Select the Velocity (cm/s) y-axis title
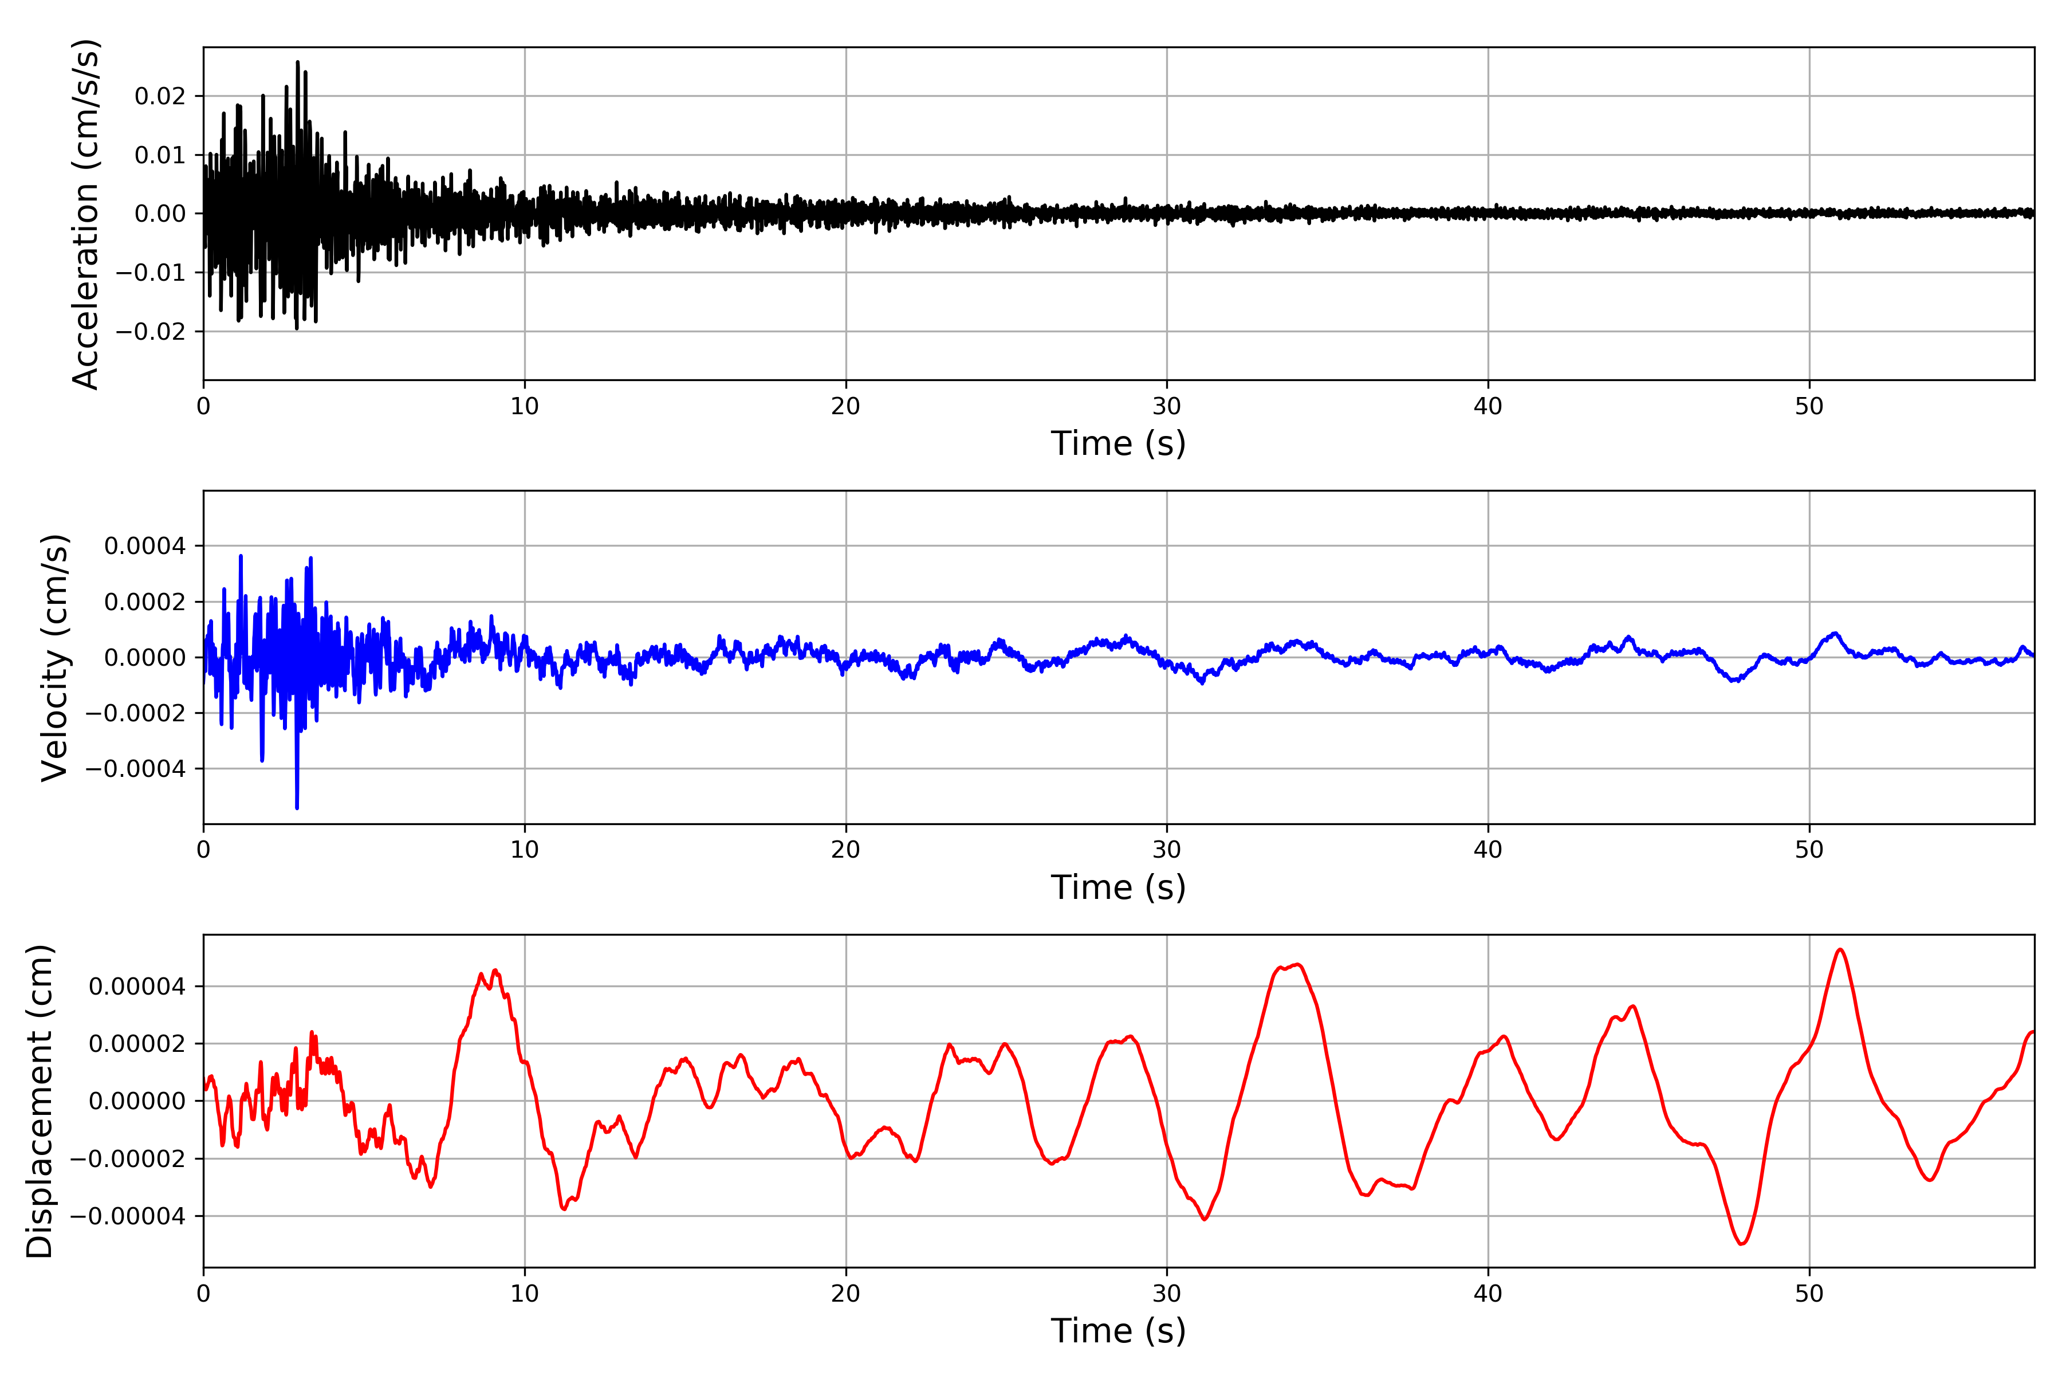click(54, 658)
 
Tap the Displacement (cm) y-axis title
click(40, 1101)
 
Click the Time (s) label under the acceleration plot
click(1118, 443)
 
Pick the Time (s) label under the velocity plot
click(1118, 887)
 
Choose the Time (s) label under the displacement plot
click(1118, 1331)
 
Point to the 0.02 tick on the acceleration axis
click(160, 96)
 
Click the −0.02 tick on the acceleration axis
click(150, 332)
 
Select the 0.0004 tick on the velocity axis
click(145, 547)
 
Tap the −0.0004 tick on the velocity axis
click(135, 769)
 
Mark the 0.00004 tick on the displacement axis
click(137, 987)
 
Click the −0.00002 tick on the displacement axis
click(127, 1159)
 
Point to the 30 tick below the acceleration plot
click(1167, 407)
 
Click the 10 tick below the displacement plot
click(524, 1294)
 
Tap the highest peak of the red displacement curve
click(1840, 950)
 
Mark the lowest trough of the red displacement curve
click(1741, 1243)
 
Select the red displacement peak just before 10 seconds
click(496, 970)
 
